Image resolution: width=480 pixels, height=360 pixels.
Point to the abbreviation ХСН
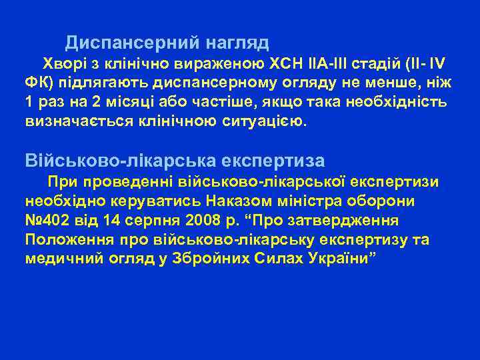pos(286,64)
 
